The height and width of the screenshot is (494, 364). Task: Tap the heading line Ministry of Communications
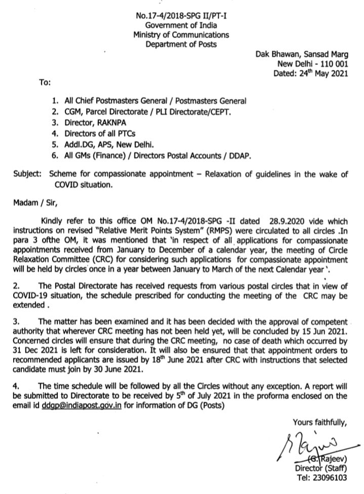tap(181, 35)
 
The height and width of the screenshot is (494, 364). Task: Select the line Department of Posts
tap(181, 45)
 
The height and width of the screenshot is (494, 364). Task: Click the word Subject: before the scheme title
tap(29, 175)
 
